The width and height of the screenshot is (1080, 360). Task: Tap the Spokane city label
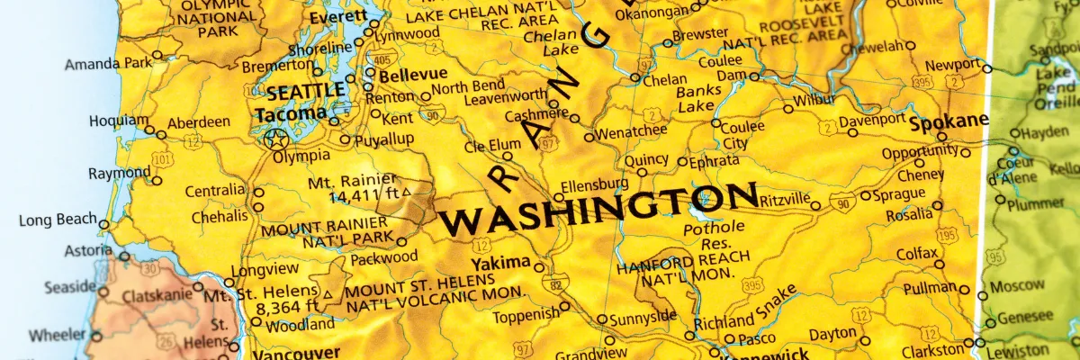coord(949,121)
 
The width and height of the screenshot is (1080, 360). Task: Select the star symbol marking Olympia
coord(276,139)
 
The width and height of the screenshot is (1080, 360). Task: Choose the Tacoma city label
coord(291,114)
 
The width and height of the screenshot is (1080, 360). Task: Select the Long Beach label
coord(56,220)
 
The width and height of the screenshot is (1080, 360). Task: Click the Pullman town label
coord(928,287)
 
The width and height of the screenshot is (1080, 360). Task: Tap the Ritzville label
coord(785,200)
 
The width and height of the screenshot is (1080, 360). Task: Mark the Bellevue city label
coord(413,74)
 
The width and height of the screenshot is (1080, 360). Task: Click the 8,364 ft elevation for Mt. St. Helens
coord(287,308)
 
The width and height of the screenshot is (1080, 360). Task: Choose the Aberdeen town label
coord(199,121)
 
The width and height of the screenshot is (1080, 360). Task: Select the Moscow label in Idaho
coord(1017,287)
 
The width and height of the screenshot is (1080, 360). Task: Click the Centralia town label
coord(214,191)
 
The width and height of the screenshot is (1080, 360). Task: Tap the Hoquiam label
coord(116,121)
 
